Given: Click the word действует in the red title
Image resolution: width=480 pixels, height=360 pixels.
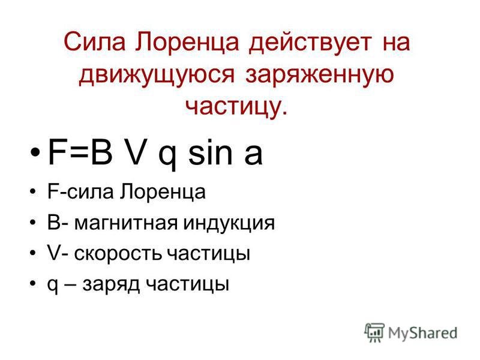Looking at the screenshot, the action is point(310,43).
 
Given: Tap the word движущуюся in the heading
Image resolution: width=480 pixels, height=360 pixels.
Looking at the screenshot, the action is point(157,75).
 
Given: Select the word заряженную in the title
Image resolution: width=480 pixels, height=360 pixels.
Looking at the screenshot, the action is point(319,76).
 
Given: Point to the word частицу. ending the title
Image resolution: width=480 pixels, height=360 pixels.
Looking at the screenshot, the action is point(236,107).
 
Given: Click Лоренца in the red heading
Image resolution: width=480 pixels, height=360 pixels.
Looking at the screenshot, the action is point(187,43).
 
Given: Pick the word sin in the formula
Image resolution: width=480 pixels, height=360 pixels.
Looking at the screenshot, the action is point(210,152).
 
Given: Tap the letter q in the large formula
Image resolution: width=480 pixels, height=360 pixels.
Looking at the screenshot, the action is point(168,156).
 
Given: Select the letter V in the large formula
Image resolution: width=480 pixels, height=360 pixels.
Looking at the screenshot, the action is point(135,152).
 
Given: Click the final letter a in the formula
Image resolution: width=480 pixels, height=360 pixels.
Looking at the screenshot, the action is point(253,155).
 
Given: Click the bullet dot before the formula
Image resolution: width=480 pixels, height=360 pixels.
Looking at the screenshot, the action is point(35,152).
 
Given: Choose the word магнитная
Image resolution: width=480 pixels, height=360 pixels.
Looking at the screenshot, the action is point(126,223).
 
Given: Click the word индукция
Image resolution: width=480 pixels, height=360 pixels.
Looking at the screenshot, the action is point(229,224).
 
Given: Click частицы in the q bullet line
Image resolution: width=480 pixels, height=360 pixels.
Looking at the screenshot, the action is point(187,285).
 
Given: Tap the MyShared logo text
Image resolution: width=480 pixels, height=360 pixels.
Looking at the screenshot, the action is point(422,333).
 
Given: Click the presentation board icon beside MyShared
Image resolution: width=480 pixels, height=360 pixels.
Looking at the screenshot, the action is point(374,332).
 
